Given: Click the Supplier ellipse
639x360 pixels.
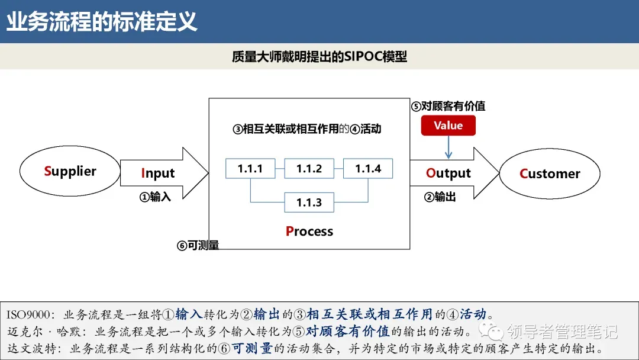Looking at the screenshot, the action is pyautogui.click(x=70, y=172).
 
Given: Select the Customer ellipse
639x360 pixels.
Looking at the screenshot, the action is pyautogui.click(x=550, y=173).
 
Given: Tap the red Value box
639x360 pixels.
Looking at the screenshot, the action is pyautogui.click(x=448, y=126).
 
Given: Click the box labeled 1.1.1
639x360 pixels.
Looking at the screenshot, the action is pyautogui.click(x=250, y=169).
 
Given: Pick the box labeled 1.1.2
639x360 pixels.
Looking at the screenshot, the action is pyautogui.click(x=309, y=169).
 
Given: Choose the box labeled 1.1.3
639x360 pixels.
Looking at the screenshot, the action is pyautogui.click(x=309, y=202).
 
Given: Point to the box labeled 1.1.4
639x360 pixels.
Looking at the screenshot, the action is pyautogui.click(x=368, y=169).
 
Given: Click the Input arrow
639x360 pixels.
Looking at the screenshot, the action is pyautogui.click(x=163, y=173).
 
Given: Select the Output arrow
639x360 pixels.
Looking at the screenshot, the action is pyautogui.click(x=453, y=173).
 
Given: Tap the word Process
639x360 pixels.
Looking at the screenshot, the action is pyautogui.click(x=309, y=231).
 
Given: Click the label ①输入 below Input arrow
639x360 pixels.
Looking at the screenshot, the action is pyautogui.click(x=155, y=197).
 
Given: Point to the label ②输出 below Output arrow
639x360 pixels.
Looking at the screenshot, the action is pyautogui.click(x=440, y=197).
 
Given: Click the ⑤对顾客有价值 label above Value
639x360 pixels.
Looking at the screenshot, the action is pyautogui.click(x=448, y=107).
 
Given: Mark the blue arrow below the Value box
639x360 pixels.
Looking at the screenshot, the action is pyautogui.click(x=448, y=147).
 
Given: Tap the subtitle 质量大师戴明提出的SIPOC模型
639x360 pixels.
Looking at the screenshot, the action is pyautogui.click(x=319, y=57).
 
